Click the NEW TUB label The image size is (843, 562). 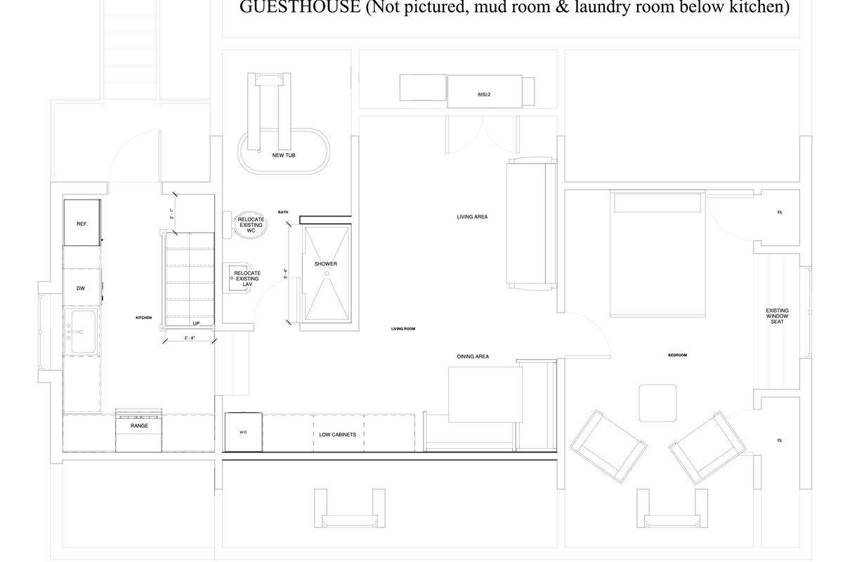tap(284, 155)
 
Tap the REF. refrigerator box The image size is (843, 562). tap(81, 223)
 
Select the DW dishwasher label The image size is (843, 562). tap(81, 288)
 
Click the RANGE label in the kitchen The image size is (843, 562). tap(139, 426)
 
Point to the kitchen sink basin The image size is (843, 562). tap(81, 332)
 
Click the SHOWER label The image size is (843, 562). tap(326, 264)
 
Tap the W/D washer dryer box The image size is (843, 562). tap(243, 432)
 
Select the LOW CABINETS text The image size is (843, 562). tap(338, 435)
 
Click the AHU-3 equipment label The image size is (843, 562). tap(483, 93)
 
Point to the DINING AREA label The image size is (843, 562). tap(473, 357)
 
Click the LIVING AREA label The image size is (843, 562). tap(472, 217)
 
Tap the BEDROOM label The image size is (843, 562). tap(677, 355)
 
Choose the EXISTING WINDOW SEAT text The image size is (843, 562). tap(777, 316)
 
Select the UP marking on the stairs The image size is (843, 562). tap(197, 323)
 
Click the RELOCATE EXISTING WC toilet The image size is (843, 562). tap(249, 226)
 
